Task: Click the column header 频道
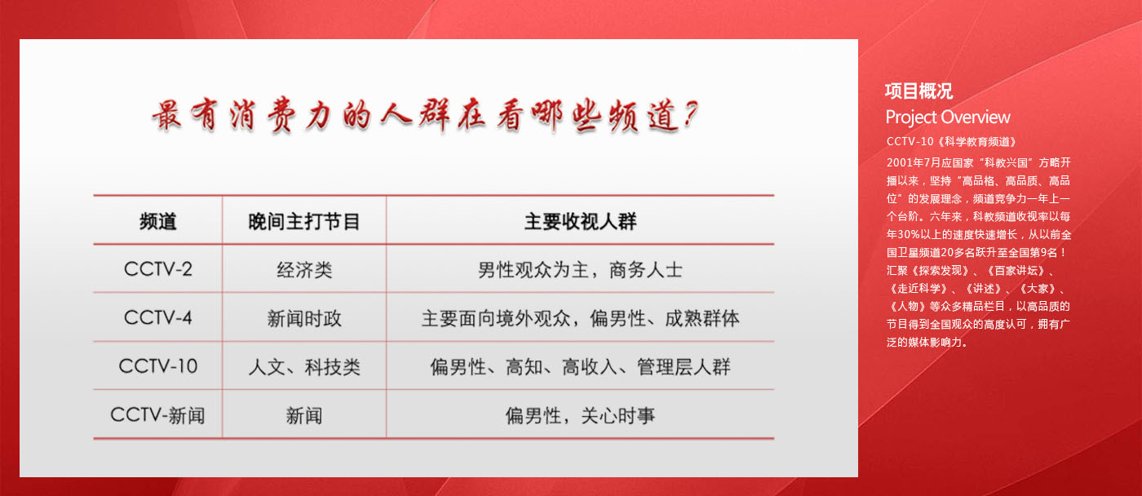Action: [x=158, y=222]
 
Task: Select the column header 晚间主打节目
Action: [x=303, y=222]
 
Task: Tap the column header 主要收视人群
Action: [x=580, y=222]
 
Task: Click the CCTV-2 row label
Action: [x=158, y=269]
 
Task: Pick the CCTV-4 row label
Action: [x=158, y=317]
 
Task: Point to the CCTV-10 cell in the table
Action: [x=158, y=366]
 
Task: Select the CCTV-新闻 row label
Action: [x=158, y=415]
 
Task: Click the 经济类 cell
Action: [x=304, y=270]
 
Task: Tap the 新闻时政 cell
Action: [x=304, y=319]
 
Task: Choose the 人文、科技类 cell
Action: [x=304, y=367]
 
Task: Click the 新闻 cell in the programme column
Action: [x=304, y=415]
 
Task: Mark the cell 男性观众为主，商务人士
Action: [x=580, y=270]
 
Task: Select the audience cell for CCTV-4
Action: [x=580, y=319]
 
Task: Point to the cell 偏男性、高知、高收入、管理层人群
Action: [x=580, y=367]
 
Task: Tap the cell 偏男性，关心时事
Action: [x=580, y=415]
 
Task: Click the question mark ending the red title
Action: [x=690, y=114]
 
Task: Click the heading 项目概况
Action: [x=918, y=91]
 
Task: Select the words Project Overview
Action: [x=948, y=117]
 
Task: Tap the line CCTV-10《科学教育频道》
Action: [x=952, y=141]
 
